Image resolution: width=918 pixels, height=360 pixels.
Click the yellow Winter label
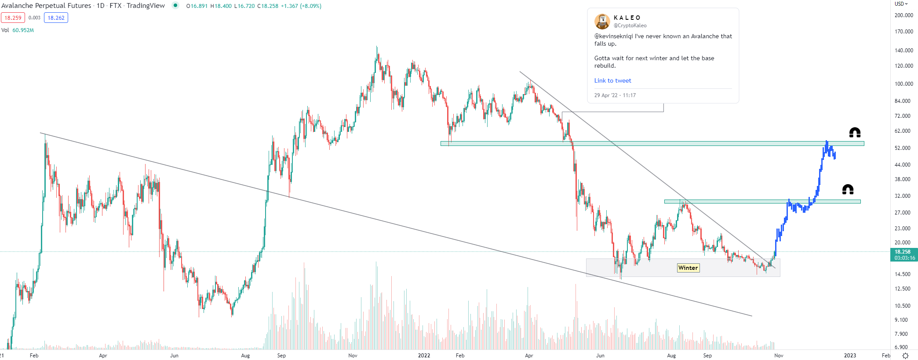[688, 268]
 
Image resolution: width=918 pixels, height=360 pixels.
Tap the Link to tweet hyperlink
[612, 80]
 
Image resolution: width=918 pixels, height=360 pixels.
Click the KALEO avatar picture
[602, 21]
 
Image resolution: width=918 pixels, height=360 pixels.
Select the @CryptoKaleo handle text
[630, 25]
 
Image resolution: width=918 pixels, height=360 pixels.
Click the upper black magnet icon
[855, 132]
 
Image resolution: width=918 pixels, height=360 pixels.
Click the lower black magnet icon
[848, 189]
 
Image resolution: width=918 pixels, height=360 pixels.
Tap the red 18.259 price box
[13, 18]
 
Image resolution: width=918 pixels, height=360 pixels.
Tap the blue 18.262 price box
[56, 18]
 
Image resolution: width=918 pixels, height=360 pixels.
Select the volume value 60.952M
[23, 30]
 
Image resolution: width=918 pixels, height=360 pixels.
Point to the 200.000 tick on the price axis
[903, 15]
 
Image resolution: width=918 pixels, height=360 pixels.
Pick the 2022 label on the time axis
[424, 355]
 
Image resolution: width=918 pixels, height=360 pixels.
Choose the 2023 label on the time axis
[850, 355]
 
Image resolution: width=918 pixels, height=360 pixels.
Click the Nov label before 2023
[779, 355]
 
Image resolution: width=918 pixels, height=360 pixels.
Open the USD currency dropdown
[901, 4]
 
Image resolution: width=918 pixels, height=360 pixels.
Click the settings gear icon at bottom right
[905, 356]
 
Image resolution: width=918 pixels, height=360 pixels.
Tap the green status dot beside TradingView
[175, 6]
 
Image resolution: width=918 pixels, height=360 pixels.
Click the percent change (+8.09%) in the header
[310, 6]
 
